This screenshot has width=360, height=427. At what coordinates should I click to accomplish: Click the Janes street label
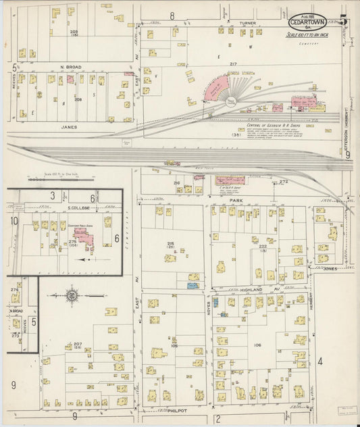[69, 126]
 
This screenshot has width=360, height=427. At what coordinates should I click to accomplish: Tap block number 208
[78, 99]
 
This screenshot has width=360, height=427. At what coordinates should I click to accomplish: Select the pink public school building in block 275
[84, 236]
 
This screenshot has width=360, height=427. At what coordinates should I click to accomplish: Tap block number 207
[78, 345]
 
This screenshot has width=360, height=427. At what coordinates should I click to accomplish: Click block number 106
[257, 345]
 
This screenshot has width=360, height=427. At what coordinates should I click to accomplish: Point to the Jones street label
[330, 268]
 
